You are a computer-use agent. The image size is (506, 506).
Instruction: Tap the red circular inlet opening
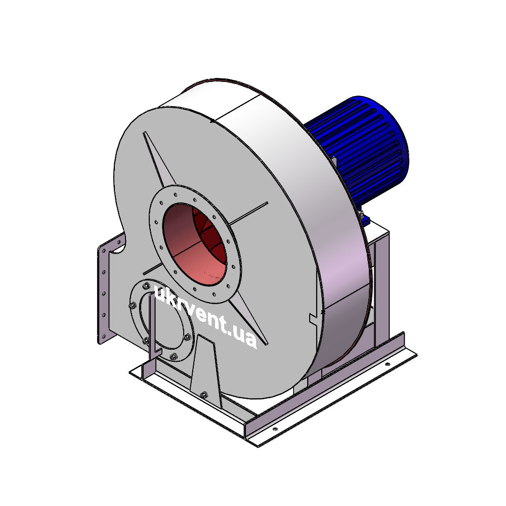coord(194,244)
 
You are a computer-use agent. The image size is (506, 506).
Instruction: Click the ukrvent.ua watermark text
coord(205,316)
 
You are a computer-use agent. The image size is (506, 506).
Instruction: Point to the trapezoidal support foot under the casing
coord(205,371)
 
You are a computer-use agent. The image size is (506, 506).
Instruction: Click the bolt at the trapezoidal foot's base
coord(203,395)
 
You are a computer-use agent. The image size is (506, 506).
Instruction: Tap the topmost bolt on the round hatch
coord(146,285)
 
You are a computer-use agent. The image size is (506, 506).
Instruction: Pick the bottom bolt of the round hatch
coord(174,356)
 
